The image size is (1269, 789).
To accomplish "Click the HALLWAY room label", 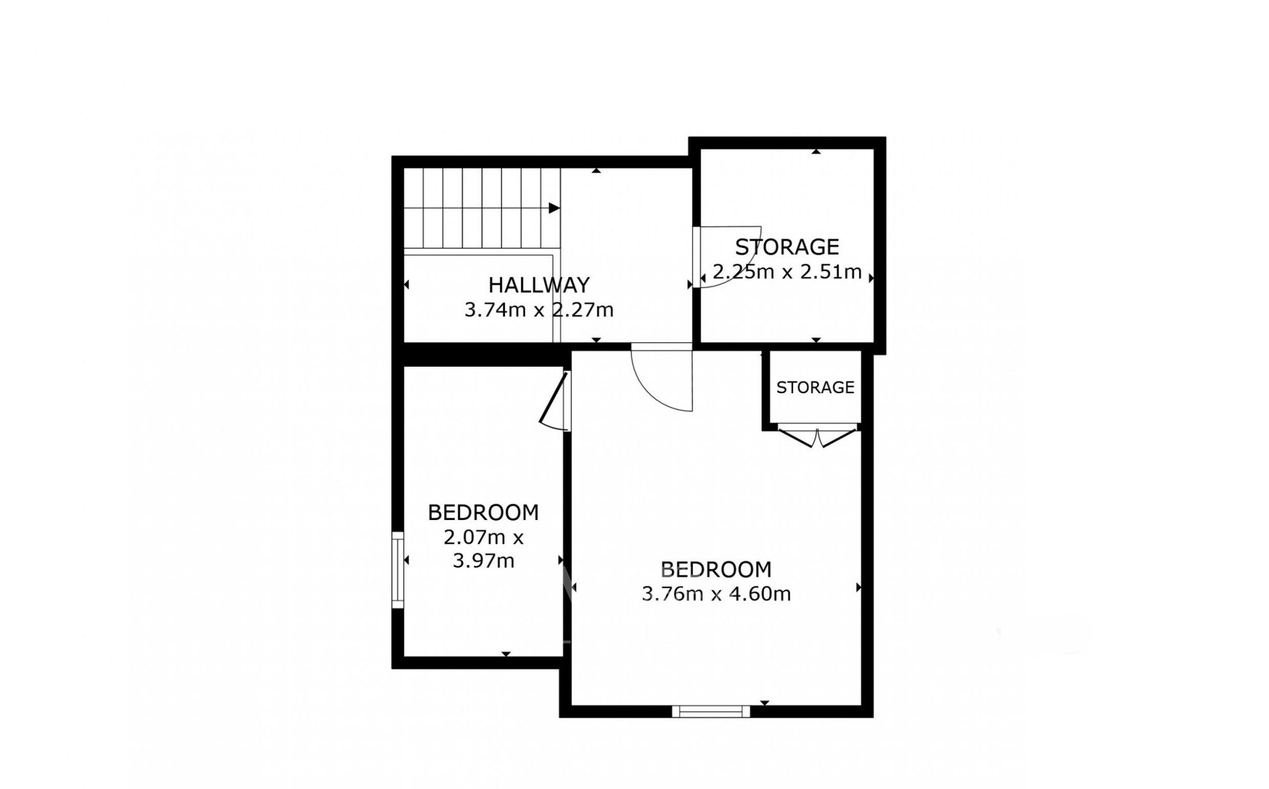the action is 539,285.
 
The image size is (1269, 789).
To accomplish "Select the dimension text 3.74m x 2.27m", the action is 539,309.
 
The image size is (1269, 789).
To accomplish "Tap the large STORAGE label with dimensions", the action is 787,246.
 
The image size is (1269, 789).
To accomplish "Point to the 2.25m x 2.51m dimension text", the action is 787,272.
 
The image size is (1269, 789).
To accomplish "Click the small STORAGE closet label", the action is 815,387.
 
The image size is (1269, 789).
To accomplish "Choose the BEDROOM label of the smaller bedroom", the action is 483,512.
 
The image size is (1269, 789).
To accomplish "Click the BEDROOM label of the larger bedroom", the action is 716,569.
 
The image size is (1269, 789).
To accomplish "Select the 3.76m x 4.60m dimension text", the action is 716,593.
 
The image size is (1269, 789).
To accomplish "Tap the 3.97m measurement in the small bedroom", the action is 483,561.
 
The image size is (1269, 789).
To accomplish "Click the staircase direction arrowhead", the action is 555,208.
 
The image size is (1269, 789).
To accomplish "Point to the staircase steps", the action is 482,208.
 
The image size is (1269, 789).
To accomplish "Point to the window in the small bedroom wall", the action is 397,570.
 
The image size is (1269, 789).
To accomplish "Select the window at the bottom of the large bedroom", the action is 711,711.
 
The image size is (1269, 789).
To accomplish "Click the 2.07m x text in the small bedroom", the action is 483,537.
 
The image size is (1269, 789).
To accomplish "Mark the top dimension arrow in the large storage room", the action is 816,151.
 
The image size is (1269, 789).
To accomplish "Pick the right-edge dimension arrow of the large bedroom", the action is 859,587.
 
